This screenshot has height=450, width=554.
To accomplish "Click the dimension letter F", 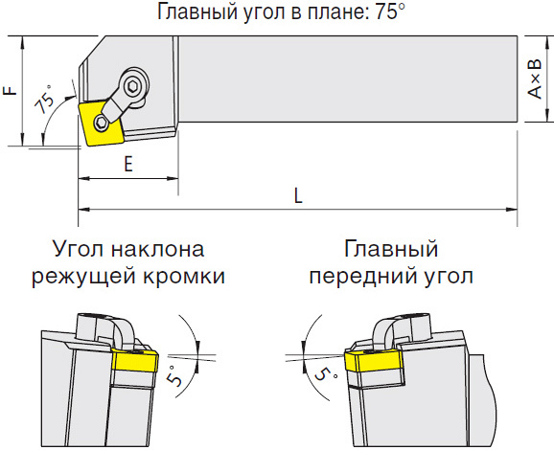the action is coord(10,90).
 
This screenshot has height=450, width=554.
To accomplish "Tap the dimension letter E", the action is coord(128,164).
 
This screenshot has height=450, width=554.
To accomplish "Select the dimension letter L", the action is coord(298,195).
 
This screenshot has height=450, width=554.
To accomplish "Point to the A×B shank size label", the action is coord(535,79).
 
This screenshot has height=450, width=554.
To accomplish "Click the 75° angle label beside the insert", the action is coord(45,100).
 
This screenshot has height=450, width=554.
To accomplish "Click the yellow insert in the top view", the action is coord(101,124).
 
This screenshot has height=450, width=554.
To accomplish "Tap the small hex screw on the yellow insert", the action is coord(101,123).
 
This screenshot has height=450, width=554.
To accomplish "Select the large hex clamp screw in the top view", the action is coord(133,86).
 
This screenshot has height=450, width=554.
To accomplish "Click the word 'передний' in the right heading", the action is coord(365,278).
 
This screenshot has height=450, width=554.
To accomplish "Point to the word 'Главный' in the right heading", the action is coord(391,249).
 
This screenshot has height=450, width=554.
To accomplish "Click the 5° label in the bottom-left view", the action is coord(175,375).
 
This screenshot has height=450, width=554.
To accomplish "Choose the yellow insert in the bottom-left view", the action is coord(135,360).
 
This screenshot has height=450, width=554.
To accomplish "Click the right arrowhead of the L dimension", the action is coord(512,210).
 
